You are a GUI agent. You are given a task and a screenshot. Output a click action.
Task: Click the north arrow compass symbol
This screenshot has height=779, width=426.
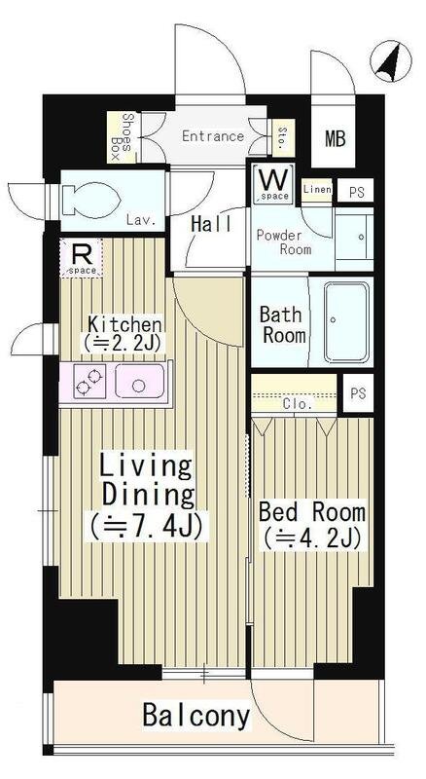tap(391, 62)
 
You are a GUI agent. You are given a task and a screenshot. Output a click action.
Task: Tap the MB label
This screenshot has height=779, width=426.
tap(336, 138)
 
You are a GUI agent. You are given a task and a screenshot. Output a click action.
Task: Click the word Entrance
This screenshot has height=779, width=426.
tap(213, 135)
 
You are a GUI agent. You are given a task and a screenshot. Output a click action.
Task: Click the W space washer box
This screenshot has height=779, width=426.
tap(273, 185)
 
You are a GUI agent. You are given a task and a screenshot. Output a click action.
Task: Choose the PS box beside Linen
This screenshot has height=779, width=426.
tap(356, 191)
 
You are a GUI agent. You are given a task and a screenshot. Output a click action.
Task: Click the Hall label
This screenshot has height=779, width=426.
tap(211, 225)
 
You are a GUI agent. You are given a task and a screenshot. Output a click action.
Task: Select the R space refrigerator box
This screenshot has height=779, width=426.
tap(82, 258)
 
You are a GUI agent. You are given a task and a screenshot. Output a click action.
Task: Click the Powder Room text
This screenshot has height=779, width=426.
tap(284, 241)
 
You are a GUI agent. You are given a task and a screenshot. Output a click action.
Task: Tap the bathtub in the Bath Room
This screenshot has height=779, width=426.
tap(347, 322)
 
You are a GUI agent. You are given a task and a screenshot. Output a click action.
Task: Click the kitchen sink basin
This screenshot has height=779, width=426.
tap(139, 381)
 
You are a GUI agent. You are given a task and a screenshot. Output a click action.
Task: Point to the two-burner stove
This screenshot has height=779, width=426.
tap(89, 381)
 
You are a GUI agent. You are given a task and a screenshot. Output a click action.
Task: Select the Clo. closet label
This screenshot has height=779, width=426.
tap(298, 404)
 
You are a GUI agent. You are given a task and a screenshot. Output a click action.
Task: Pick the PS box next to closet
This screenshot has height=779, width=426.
tap(358, 393)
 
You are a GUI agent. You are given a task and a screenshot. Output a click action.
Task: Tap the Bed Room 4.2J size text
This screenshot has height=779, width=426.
tap(312, 538)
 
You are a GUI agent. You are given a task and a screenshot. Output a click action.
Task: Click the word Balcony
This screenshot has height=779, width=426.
tap(196, 716)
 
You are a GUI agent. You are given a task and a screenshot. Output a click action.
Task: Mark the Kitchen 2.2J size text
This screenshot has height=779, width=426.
tap(124, 343)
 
